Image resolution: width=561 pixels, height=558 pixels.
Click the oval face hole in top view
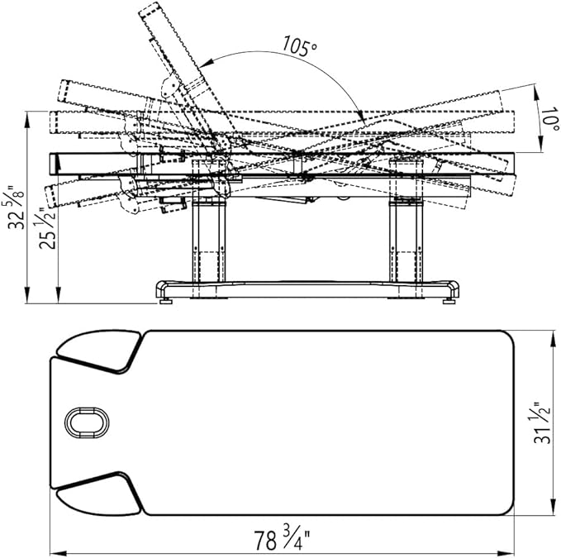[87, 422]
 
